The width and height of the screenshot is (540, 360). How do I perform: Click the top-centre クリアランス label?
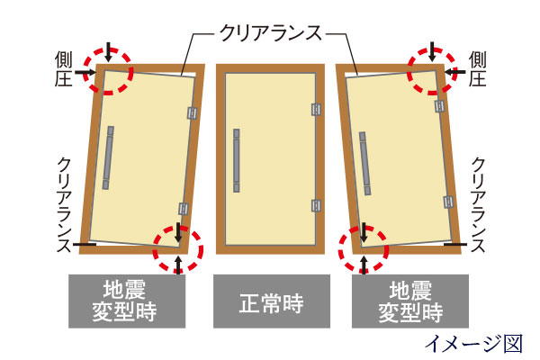tap(271, 33)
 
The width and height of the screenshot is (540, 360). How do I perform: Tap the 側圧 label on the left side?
tap(63, 69)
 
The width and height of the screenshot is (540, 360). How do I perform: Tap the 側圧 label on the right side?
tap(477, 69)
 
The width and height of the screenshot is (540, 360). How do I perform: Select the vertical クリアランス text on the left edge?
tap(64, 204)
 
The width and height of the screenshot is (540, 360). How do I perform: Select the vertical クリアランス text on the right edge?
tap(478, 204)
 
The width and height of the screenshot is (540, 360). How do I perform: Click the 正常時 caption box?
tap(272, 301)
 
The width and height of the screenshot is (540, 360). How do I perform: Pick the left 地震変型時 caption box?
tap(127, 301)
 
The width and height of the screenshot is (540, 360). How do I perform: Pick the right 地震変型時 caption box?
tap(410, 301)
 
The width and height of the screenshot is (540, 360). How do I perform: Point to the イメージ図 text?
tap(474, 343)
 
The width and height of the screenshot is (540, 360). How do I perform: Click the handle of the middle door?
tap(237, 160)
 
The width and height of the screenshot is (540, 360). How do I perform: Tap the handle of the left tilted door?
tap(108, 157)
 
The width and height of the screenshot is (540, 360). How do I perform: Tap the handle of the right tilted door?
tap(365, 163)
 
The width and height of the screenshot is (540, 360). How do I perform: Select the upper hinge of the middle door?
tap(316, 110)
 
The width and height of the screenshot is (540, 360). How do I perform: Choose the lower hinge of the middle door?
tap(316, 206)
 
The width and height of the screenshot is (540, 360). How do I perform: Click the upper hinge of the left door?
tap(193, 112)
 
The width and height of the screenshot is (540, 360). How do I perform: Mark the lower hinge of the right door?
tap(448, 202)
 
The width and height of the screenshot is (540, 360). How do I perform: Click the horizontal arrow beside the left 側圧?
tap(85, 72)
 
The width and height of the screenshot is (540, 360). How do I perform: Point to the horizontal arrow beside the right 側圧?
tap(454, 72)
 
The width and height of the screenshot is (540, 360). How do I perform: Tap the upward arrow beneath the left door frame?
tap(178, 265)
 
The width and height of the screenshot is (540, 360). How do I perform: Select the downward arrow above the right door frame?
tap(433, 51)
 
